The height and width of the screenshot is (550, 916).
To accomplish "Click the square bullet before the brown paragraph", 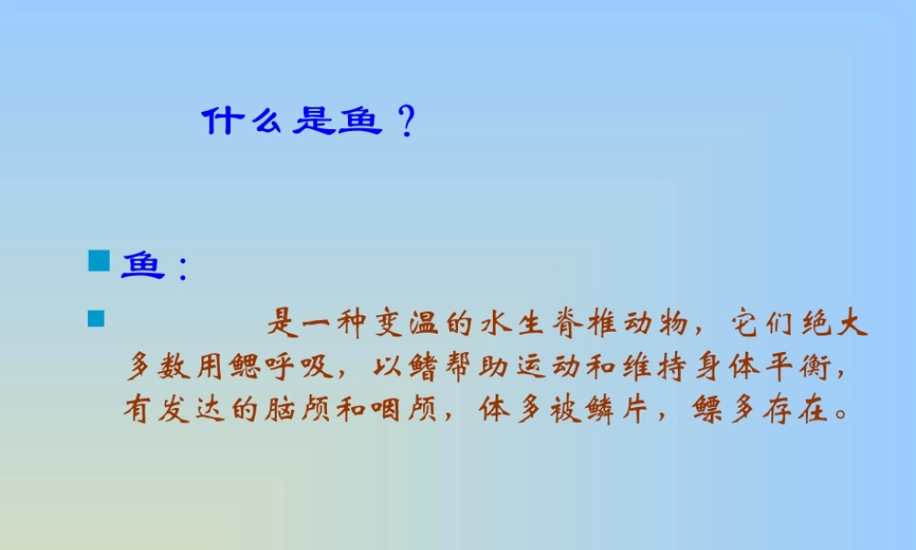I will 95,319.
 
